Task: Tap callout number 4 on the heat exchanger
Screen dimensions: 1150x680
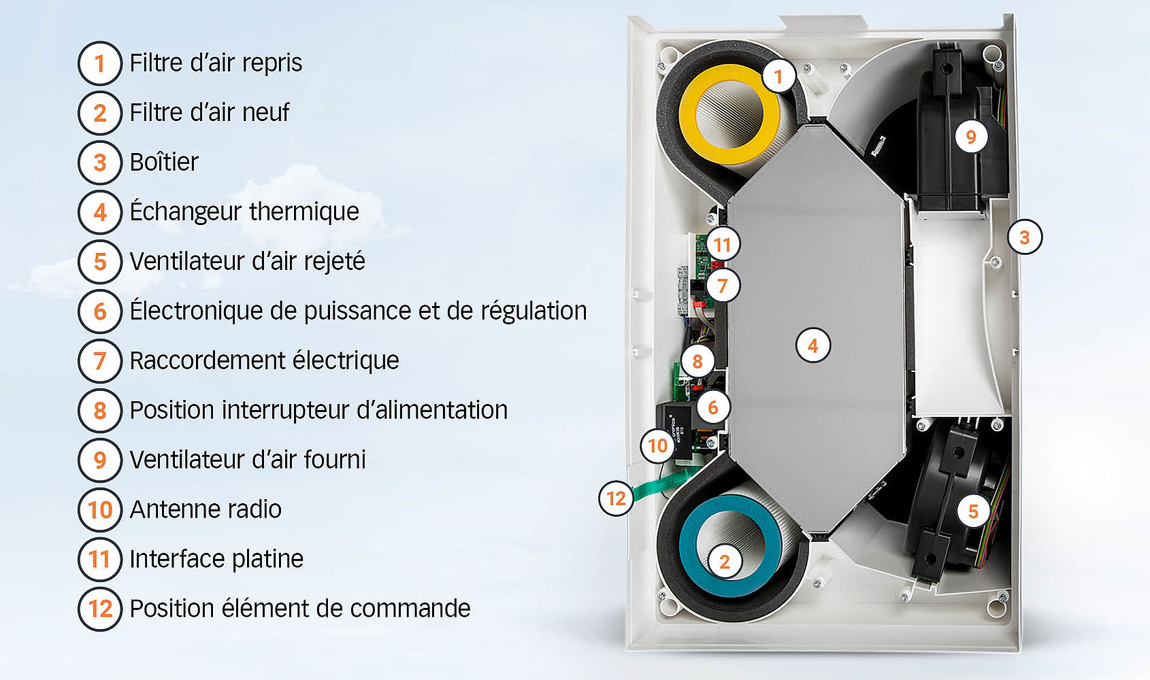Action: pos(812,345)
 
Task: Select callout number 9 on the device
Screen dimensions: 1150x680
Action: pos(971,137)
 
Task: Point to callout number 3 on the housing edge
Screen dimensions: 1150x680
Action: pos(1024,237)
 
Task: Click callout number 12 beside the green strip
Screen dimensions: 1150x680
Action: pos(616,498)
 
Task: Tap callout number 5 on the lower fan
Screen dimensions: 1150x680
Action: pos(973,511)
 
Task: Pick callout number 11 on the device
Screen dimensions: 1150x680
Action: pos(723,244)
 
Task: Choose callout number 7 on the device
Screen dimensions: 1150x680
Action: pos(723,286)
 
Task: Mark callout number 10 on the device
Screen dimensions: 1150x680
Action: pos(657,445)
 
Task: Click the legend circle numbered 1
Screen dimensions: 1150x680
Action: pos(99,63)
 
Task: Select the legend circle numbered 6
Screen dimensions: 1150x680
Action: pos(99,311)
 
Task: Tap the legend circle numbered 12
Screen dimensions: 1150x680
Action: pos(99,609)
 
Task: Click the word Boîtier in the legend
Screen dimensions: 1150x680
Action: pos(164,162)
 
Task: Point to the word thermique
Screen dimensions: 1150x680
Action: pos(304,212)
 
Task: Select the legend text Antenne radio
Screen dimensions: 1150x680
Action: pos(206,509)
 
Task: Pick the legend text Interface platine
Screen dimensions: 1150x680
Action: pos(216,560)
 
